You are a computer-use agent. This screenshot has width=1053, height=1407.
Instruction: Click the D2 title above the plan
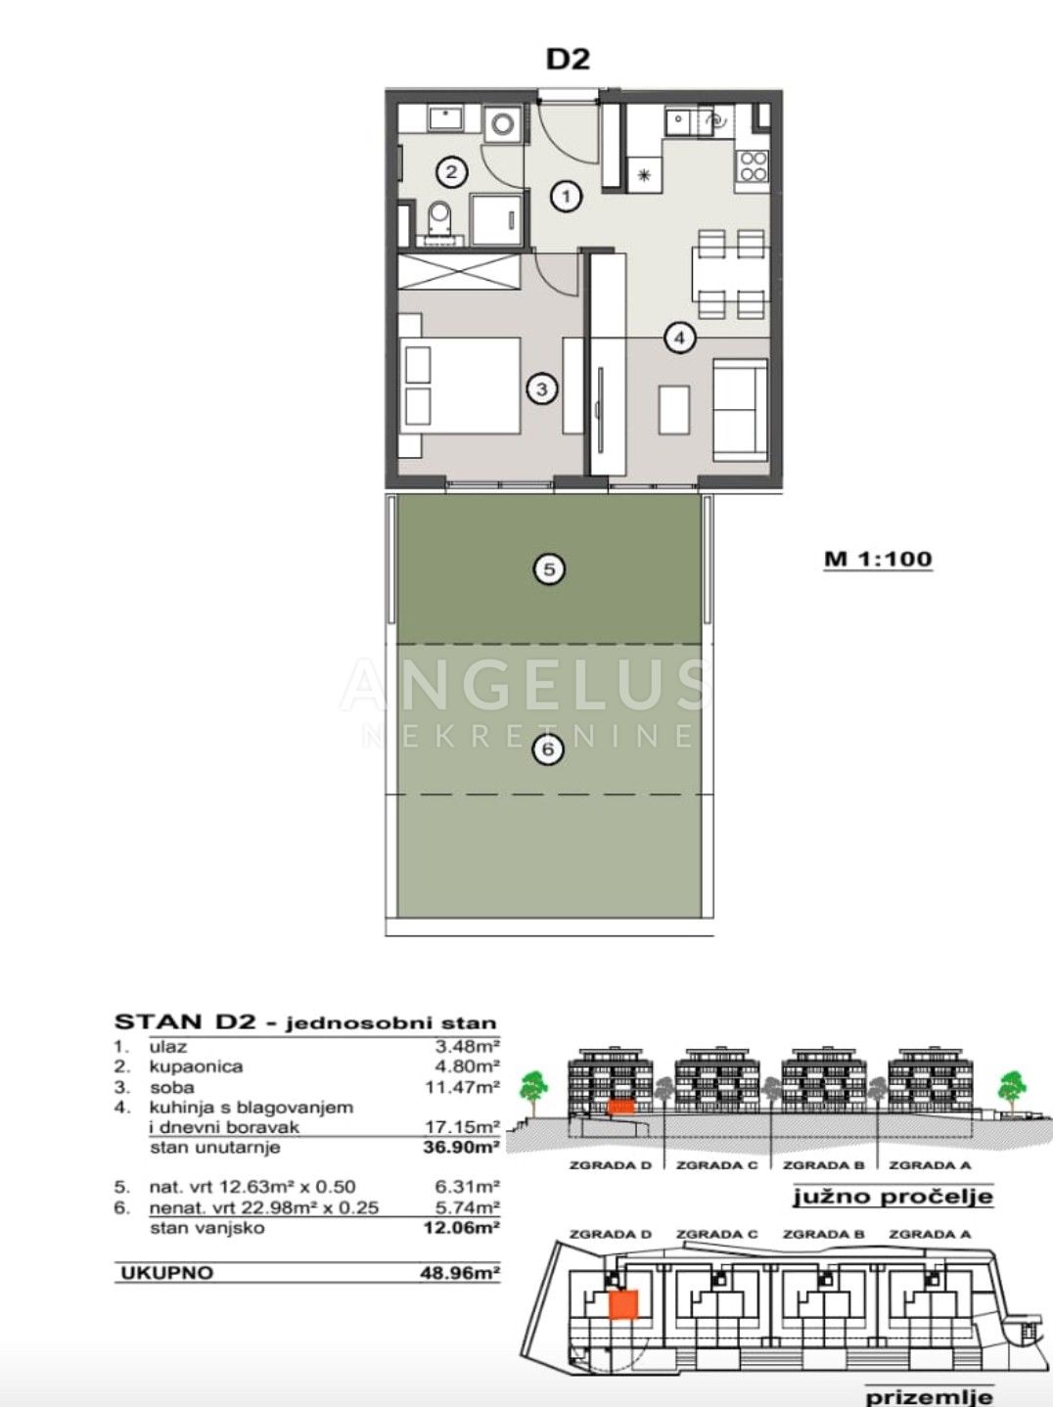[568, 59]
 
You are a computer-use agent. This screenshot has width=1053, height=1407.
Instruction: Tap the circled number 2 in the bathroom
[452, 172]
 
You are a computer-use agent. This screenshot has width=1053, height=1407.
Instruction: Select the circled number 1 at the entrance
[566, 197]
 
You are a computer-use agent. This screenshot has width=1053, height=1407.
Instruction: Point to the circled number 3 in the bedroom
[542, 388]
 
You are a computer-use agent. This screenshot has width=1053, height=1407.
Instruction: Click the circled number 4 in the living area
[680, 338]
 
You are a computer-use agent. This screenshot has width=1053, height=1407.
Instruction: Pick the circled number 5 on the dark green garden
[549, 569]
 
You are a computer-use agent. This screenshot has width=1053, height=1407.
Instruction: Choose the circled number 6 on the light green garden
[549, 749]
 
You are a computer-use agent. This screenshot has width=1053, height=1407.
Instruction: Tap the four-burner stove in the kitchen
[753, 165]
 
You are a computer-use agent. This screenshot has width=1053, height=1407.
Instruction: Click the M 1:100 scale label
[878, 559]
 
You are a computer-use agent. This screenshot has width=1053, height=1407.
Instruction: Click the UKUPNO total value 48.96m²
[460, 1273]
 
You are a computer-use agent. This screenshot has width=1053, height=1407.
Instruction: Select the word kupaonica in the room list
[196, 1067]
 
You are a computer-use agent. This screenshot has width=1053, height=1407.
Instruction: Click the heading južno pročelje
[893, 1196]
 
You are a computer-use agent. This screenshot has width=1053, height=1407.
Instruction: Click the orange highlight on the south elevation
[620, 1108]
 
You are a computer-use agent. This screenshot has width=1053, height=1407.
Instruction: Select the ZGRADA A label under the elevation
[930, 1165]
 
